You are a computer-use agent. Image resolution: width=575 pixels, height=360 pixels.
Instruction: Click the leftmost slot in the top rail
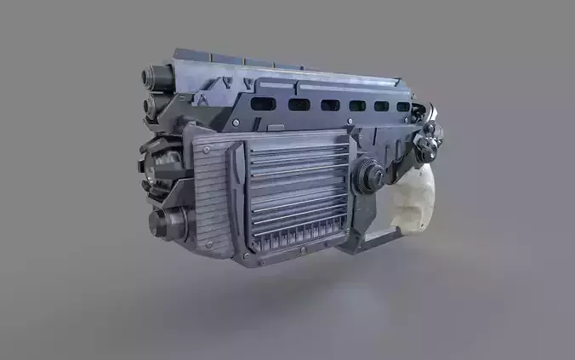tap(265, 103)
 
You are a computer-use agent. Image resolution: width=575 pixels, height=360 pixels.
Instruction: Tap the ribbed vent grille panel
tap(298, 183)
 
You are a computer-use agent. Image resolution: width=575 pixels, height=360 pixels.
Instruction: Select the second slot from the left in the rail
tap(299, 105)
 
